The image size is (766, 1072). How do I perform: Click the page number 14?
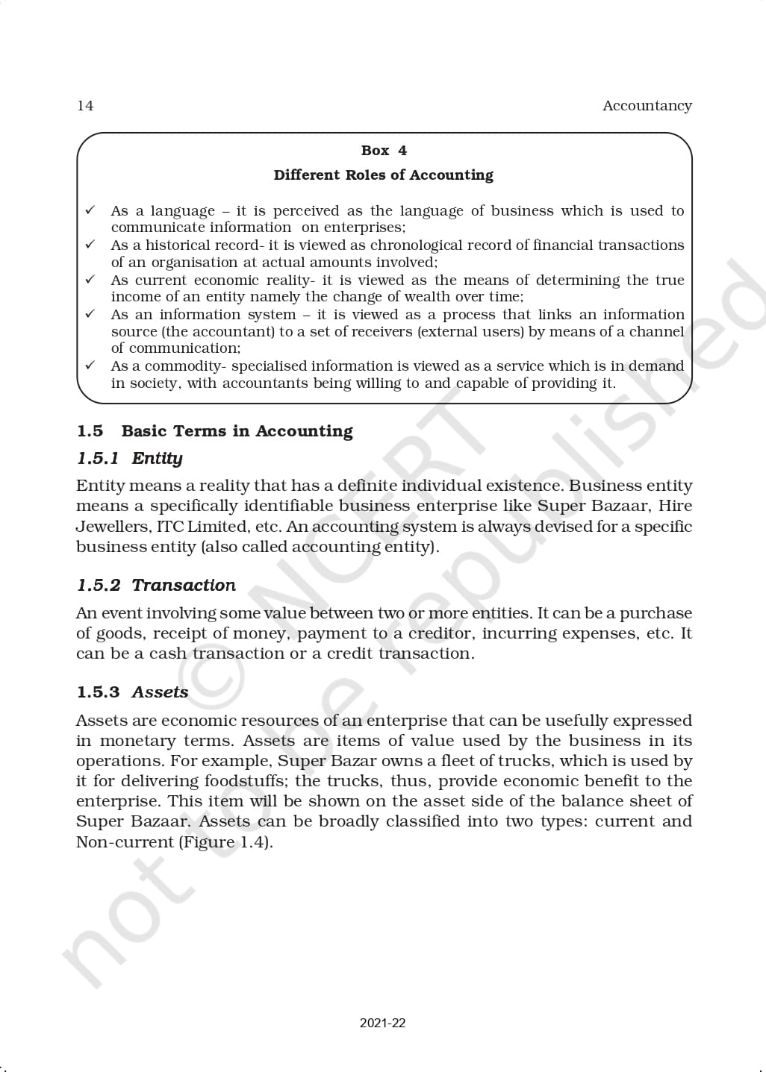pos(85,106)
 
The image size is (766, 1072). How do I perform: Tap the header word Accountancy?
pos(647,106)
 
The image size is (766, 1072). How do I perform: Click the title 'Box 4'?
pos(384,151)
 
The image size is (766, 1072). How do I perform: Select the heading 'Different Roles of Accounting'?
pos(383,175)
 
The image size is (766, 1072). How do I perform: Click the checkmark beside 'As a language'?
pos(90,210)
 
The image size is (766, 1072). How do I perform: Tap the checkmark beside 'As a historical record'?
pos(90,245)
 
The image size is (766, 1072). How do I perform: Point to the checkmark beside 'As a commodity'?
pos(90,366)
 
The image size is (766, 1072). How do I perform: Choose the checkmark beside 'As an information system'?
pos(90,314)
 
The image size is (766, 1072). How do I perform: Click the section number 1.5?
pos(90,431)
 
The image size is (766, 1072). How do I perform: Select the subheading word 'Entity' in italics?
pos(157,458)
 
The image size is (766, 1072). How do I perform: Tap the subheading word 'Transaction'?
pos(184,585)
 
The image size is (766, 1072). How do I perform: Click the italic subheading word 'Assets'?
pos(160,692)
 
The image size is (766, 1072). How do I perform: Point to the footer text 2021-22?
pos(382,1023)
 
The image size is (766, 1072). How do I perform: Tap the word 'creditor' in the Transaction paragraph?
pos(433,633)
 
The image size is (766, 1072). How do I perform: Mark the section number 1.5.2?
pos(98,585)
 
